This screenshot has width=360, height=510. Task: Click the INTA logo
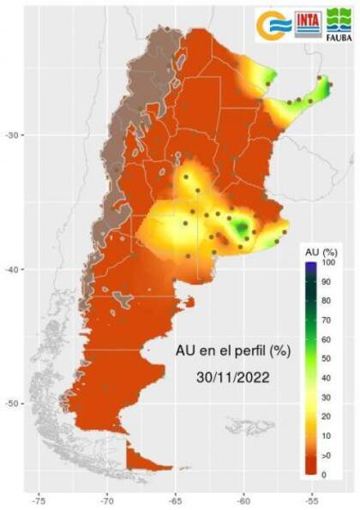pyautogui.click(x=309, y=24)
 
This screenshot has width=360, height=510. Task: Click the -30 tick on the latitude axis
pyautogui.click(x=15, y=135)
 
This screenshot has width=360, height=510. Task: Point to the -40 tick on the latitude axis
pyautogui.click(x=15, y=269)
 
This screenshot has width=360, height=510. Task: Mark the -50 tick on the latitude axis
pyautogui.click(x=15, y=403)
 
